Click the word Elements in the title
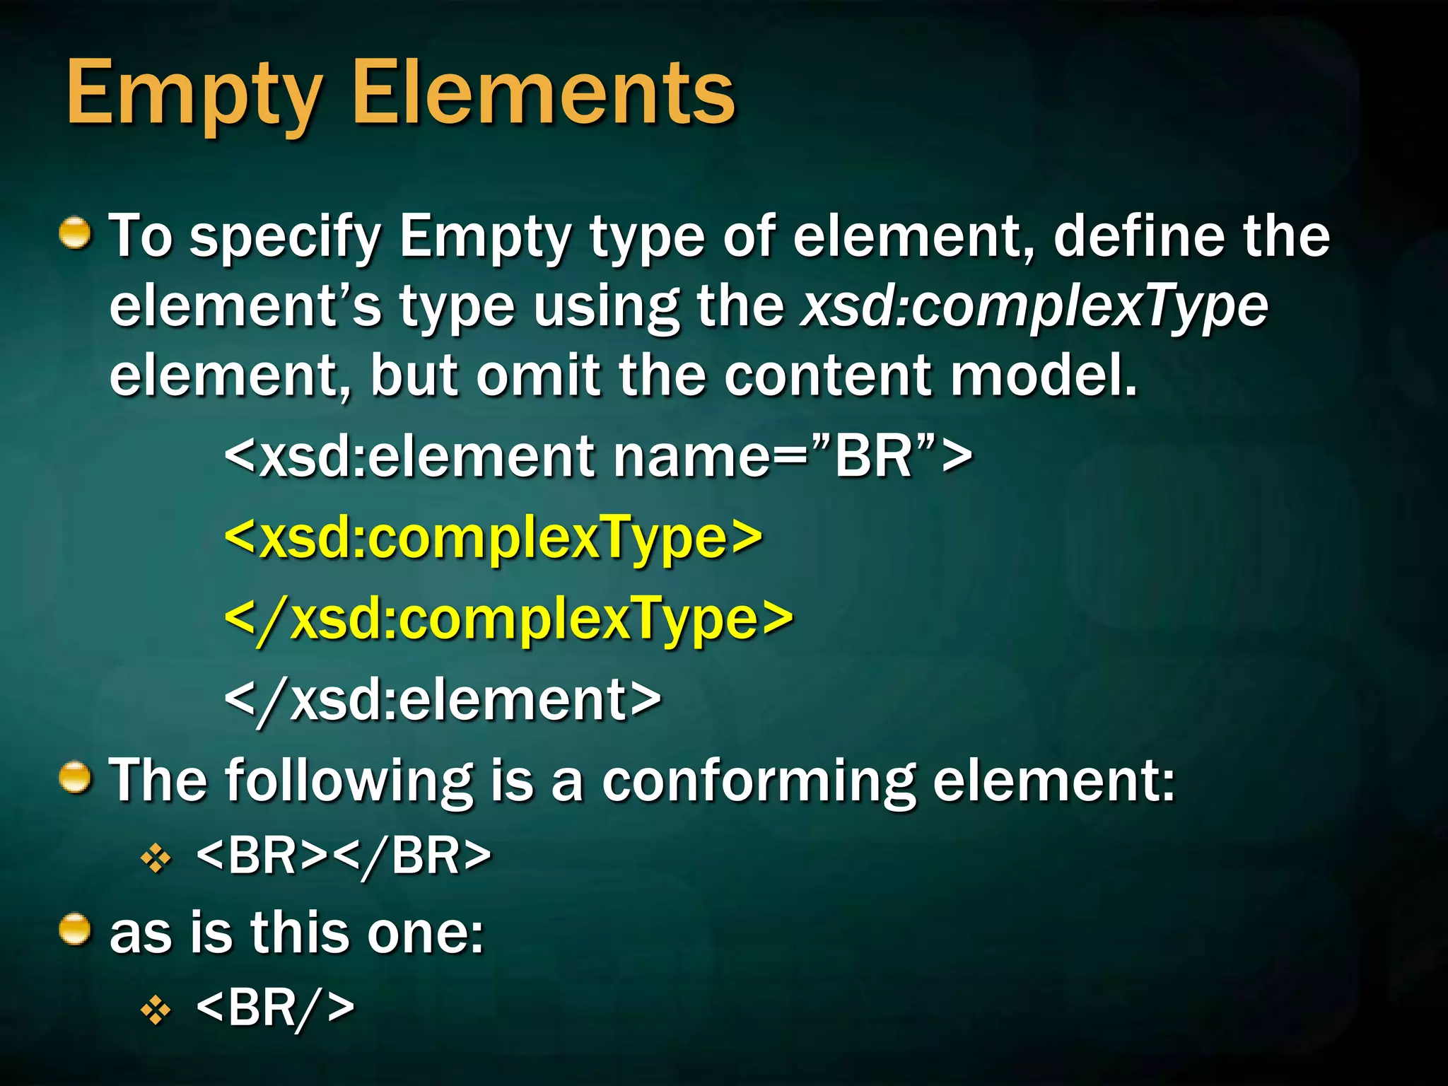(x=544, y=93)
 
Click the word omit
(x=538, y=376)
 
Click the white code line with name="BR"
(x=598, y=457)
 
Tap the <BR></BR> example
(x=344, y=857)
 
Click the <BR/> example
(x=275, y=1008)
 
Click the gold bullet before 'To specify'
(x=75, y=234)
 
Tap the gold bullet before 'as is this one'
(x=75, y=930)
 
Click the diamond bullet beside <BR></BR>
(x=156, y=859)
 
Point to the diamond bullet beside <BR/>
(x=156, y=1010)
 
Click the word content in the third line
(x=828, y=376)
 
